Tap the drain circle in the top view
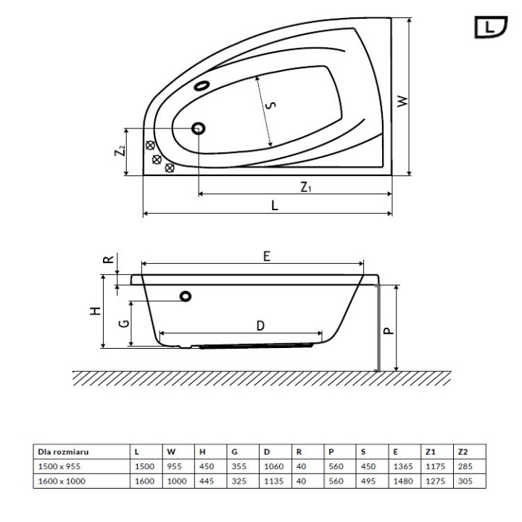198,128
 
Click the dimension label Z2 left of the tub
120,152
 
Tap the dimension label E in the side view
266,256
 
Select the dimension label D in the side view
260,326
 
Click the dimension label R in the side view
107,260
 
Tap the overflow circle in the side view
186,295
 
